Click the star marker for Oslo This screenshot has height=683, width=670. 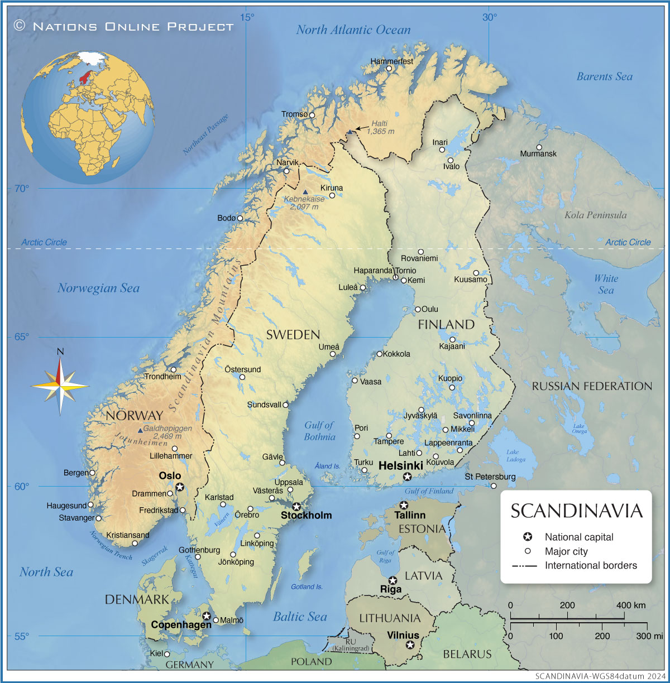(180, 487)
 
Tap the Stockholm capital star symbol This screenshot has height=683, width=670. (296, 507)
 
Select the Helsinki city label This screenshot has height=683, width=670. (400, 466)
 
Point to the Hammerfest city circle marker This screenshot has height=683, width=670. (389, 69)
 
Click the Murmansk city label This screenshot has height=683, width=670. (538, 153)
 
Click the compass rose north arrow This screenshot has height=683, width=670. (60, 368)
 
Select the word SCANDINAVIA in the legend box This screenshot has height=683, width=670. (576, 511)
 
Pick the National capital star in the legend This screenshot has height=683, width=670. (527, 537)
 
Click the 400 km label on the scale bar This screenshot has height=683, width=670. (631, 605)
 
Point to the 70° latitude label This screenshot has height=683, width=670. (21, 189)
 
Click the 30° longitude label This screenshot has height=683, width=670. (490, 17)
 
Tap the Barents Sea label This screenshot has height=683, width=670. (605, 77)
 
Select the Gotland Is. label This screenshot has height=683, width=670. (307, 587)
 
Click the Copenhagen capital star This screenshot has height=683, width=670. (207, 616)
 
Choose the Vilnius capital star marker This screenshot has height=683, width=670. (410, 645)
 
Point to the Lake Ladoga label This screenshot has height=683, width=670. (515, 456)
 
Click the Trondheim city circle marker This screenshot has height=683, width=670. (174, 369)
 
